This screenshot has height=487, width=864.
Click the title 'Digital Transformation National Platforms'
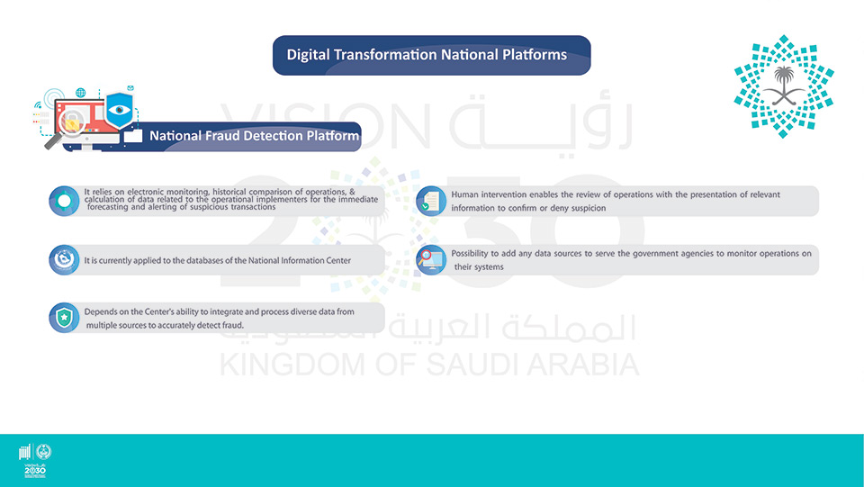[427, 55]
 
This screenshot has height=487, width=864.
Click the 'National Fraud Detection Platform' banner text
[254, 136]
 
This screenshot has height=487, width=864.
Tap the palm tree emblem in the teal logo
[784, 85]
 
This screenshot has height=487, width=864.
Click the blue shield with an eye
[119, 109]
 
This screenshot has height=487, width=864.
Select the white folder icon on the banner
[133, 135]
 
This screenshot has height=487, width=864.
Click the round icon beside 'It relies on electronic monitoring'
[64, 201]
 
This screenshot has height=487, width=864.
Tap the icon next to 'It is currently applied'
[64, 260]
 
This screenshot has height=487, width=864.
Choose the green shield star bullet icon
[64, 318]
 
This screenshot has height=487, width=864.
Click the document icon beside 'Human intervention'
[431, 201]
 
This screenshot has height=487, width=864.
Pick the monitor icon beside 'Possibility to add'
[431, 260]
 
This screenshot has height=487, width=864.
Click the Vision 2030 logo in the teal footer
[35, 461]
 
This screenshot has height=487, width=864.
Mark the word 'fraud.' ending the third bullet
[232, 326]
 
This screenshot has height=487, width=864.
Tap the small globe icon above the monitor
[80, 93]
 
